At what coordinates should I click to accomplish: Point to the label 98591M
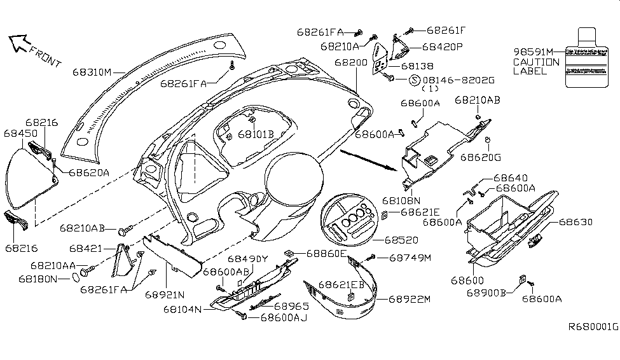[533, 52]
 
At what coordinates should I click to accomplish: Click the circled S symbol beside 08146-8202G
[414, 80]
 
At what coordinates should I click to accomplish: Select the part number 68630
[575, 222]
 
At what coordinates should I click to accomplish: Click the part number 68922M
[410, 298]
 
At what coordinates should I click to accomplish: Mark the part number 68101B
[256, 134]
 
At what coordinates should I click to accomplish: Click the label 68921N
[165, 295]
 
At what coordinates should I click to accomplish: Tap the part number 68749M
[410, 258]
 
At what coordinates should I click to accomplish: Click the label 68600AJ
[284, 316]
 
